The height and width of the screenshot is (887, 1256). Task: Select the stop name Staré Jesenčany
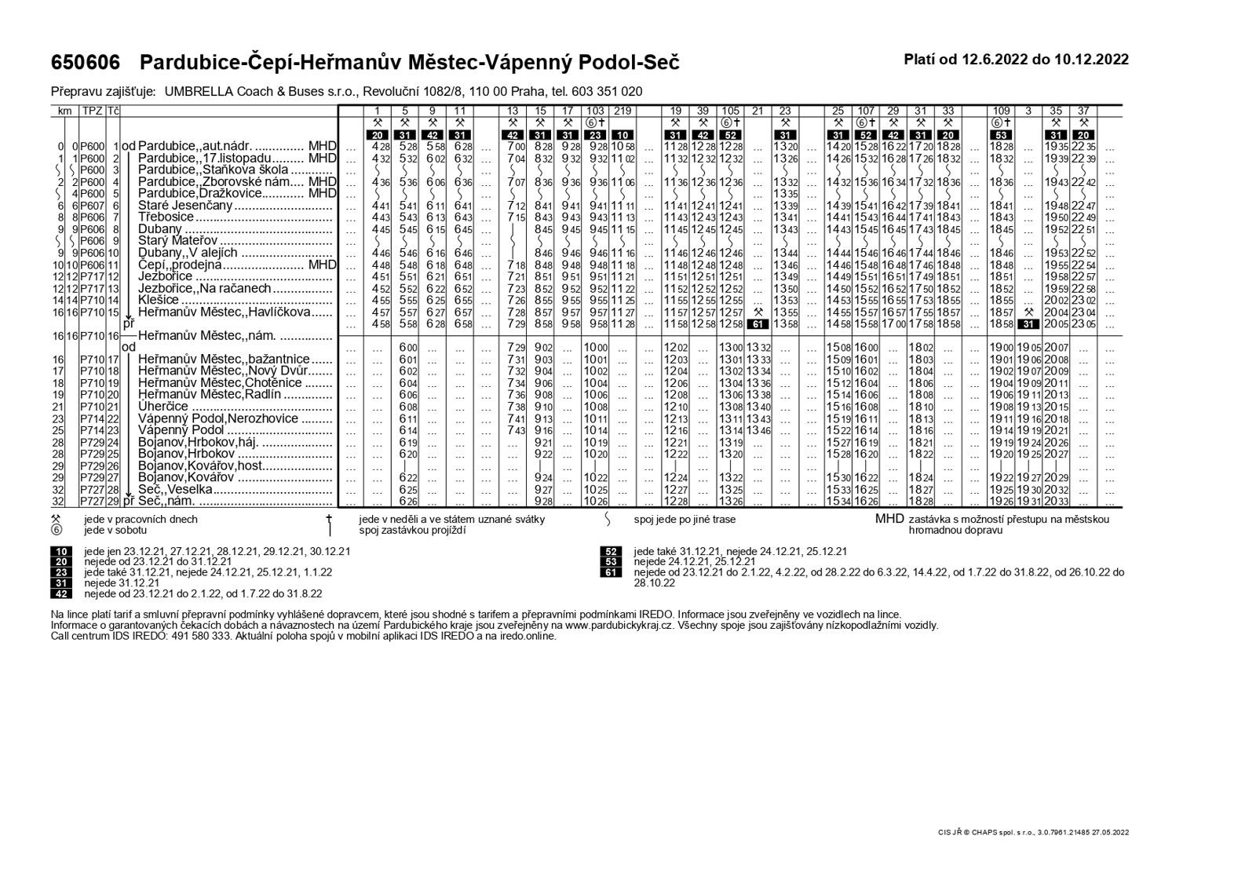click(186, 206)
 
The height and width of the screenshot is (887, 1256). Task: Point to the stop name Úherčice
click(163, 407)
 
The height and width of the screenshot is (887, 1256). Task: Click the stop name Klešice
click(159, 300)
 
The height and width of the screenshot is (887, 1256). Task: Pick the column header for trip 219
click(624, 111)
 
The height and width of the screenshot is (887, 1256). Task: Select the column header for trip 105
click(730, 111)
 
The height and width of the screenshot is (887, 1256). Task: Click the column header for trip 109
click(1001, 111)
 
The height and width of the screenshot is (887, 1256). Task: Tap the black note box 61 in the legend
click(610, 572)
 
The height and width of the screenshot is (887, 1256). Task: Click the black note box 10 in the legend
click(60, 551)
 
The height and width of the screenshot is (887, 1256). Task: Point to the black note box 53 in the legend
click(610, 562)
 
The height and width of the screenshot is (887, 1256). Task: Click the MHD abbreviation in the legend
click(890, 519)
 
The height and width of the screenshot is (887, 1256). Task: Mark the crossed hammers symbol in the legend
click(56, 519)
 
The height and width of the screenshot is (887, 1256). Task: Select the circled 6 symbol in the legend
click(56, 530)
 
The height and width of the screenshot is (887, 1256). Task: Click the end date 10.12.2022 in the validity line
click(1091, 59)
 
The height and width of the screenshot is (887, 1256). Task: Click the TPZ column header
click(93, 111)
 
